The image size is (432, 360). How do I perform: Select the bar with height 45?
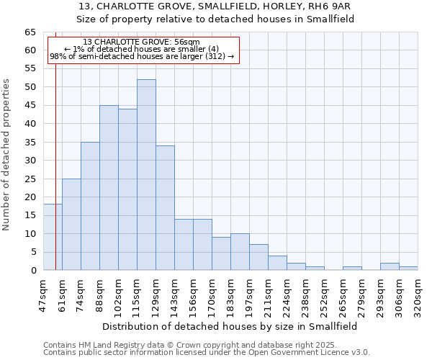coord(109,188)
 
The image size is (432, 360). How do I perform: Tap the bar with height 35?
coord(90,206)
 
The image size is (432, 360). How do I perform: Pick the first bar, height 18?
coord(53,237)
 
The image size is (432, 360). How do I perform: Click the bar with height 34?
coord(165,208)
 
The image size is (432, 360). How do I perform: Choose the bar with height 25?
coord(71,225)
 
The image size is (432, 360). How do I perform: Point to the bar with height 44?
coord(127,189)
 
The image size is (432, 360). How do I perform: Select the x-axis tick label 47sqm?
coord(43,296)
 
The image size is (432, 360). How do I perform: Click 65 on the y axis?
coord(30,32)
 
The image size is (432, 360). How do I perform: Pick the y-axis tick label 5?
coord(33,252)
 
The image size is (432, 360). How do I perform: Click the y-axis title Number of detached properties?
coord(7,155)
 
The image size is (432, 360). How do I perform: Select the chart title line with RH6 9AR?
coord(215,6)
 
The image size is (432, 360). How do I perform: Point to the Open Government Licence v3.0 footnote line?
coord(207,353)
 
